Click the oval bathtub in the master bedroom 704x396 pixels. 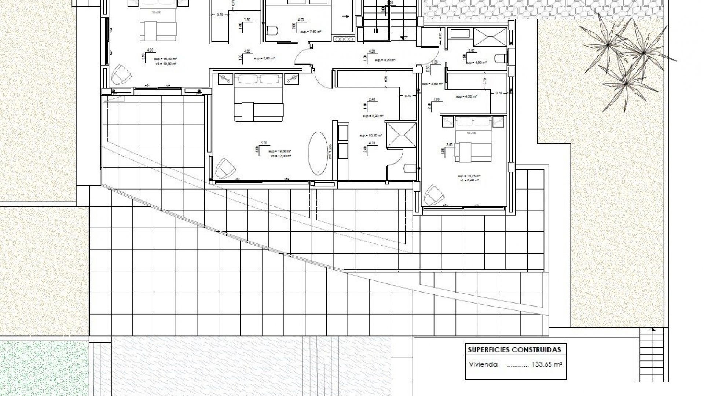point(318,153)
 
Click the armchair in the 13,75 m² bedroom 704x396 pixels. point(434,195)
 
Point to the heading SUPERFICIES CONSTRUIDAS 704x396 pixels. point(514,350)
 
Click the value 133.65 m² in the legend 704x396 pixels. point(547,365)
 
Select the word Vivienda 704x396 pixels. point(483,365)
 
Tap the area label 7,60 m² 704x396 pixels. point(311,32)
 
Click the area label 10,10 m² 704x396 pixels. point(371,135)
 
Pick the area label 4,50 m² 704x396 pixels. point(476,63)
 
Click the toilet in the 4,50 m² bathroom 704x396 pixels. point(500,58)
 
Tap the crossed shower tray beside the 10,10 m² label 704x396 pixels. point(401,135)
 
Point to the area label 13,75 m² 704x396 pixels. point(469,176)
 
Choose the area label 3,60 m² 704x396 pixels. point(432,84)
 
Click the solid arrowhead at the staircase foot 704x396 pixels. point(403,38)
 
